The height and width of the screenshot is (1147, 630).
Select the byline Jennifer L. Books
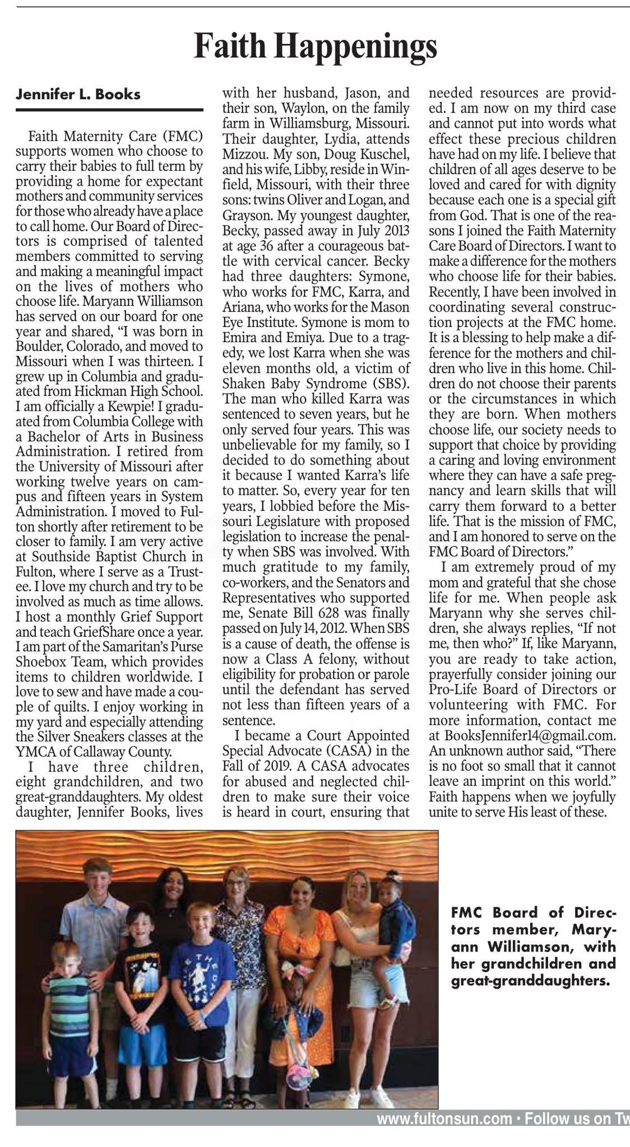(x=78, y=94)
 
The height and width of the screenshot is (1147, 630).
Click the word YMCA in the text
(x=37, y=751)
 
